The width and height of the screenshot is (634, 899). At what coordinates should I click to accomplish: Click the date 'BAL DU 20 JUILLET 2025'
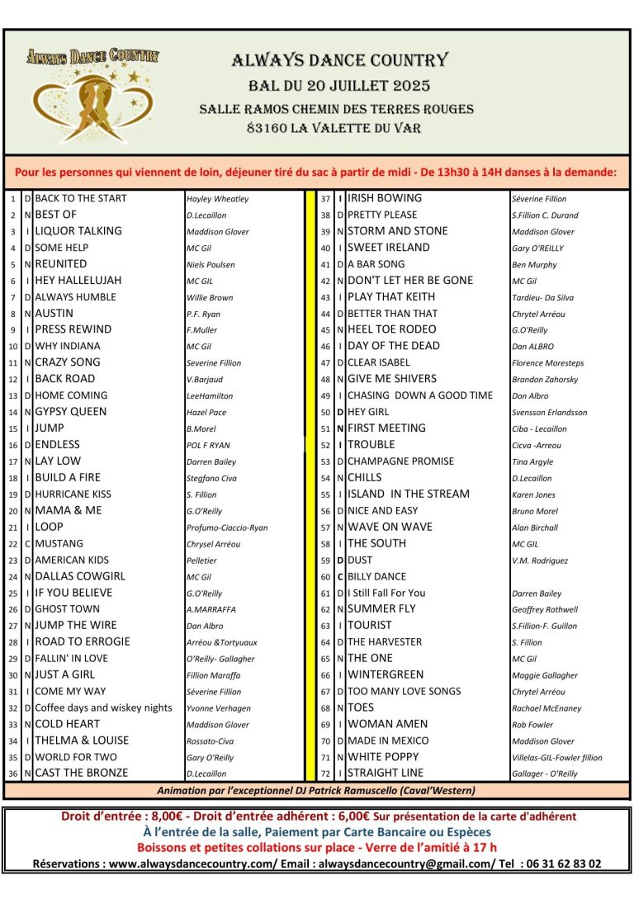click(339, 86)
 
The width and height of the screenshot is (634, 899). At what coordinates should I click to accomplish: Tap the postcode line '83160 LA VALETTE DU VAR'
click(334, 128)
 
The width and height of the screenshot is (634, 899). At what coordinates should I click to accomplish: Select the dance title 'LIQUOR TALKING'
click(78, 231)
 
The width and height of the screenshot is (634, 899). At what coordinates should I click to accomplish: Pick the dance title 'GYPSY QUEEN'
click(71, 412)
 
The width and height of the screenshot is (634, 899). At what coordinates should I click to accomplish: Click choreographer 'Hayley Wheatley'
click(217, 199)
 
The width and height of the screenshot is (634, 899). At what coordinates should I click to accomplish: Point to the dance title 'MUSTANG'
click(59, 543)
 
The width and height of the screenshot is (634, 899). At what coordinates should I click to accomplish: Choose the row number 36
click(12, 774)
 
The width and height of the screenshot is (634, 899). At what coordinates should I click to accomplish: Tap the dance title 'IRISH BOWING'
click(385, 198)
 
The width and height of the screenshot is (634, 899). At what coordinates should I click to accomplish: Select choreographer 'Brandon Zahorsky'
click(545, 380)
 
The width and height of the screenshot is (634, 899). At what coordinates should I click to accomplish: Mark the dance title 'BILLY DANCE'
click(377, 576)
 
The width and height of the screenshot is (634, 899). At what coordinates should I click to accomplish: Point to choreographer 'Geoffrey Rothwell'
click(545, 609)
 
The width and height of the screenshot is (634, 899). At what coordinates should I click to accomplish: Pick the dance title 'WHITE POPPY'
click(383, 757)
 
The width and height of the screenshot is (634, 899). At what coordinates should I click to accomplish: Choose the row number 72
click(326, 774)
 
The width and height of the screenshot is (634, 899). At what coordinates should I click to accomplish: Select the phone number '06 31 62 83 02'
click(561, 864)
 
